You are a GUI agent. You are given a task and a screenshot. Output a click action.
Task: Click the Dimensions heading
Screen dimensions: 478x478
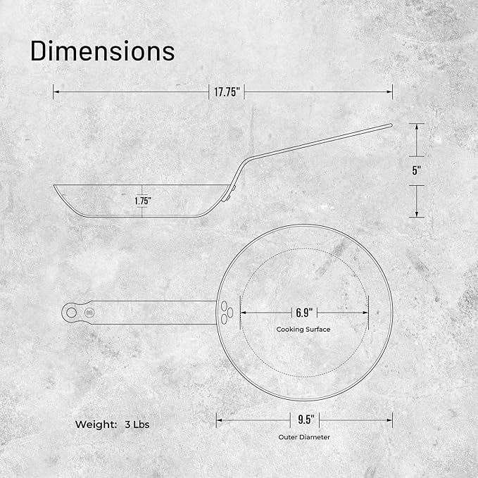(103, 51)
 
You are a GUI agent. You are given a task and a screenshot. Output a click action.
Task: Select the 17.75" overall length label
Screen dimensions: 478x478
(227, 92)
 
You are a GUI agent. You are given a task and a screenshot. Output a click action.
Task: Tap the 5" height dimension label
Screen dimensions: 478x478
(417, 170)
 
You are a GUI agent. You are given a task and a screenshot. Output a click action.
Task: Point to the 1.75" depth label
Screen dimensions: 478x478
(143, 201)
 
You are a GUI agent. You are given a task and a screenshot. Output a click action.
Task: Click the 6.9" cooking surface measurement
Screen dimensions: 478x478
(304, 313)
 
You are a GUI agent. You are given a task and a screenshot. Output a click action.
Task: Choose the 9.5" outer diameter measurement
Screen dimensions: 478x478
(306, 420)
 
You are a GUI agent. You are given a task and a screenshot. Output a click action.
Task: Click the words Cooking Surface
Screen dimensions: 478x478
(303, 329)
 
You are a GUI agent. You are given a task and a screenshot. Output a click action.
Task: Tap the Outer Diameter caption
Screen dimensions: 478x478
(304, 437)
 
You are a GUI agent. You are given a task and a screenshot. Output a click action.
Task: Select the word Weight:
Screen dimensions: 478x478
(96, 424)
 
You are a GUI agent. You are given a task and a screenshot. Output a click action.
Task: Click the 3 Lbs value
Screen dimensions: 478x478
(137, 424)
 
